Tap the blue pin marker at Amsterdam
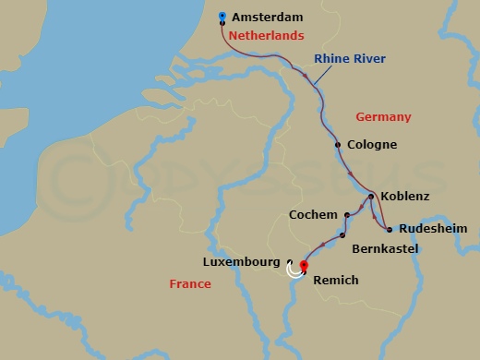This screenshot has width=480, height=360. tap(222, 16)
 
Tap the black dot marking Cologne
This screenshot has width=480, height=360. tap(338, 145)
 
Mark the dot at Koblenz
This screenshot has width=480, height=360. tap(370, 197)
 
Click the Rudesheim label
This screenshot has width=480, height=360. tap(434, 229)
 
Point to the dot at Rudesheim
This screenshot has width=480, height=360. tap(390, 229)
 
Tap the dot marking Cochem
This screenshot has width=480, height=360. tap(346, 215)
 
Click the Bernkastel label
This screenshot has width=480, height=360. tap(385, 249)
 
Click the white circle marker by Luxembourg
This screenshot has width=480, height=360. tap(294, 270)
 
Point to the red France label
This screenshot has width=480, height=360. tap(190, 284)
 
